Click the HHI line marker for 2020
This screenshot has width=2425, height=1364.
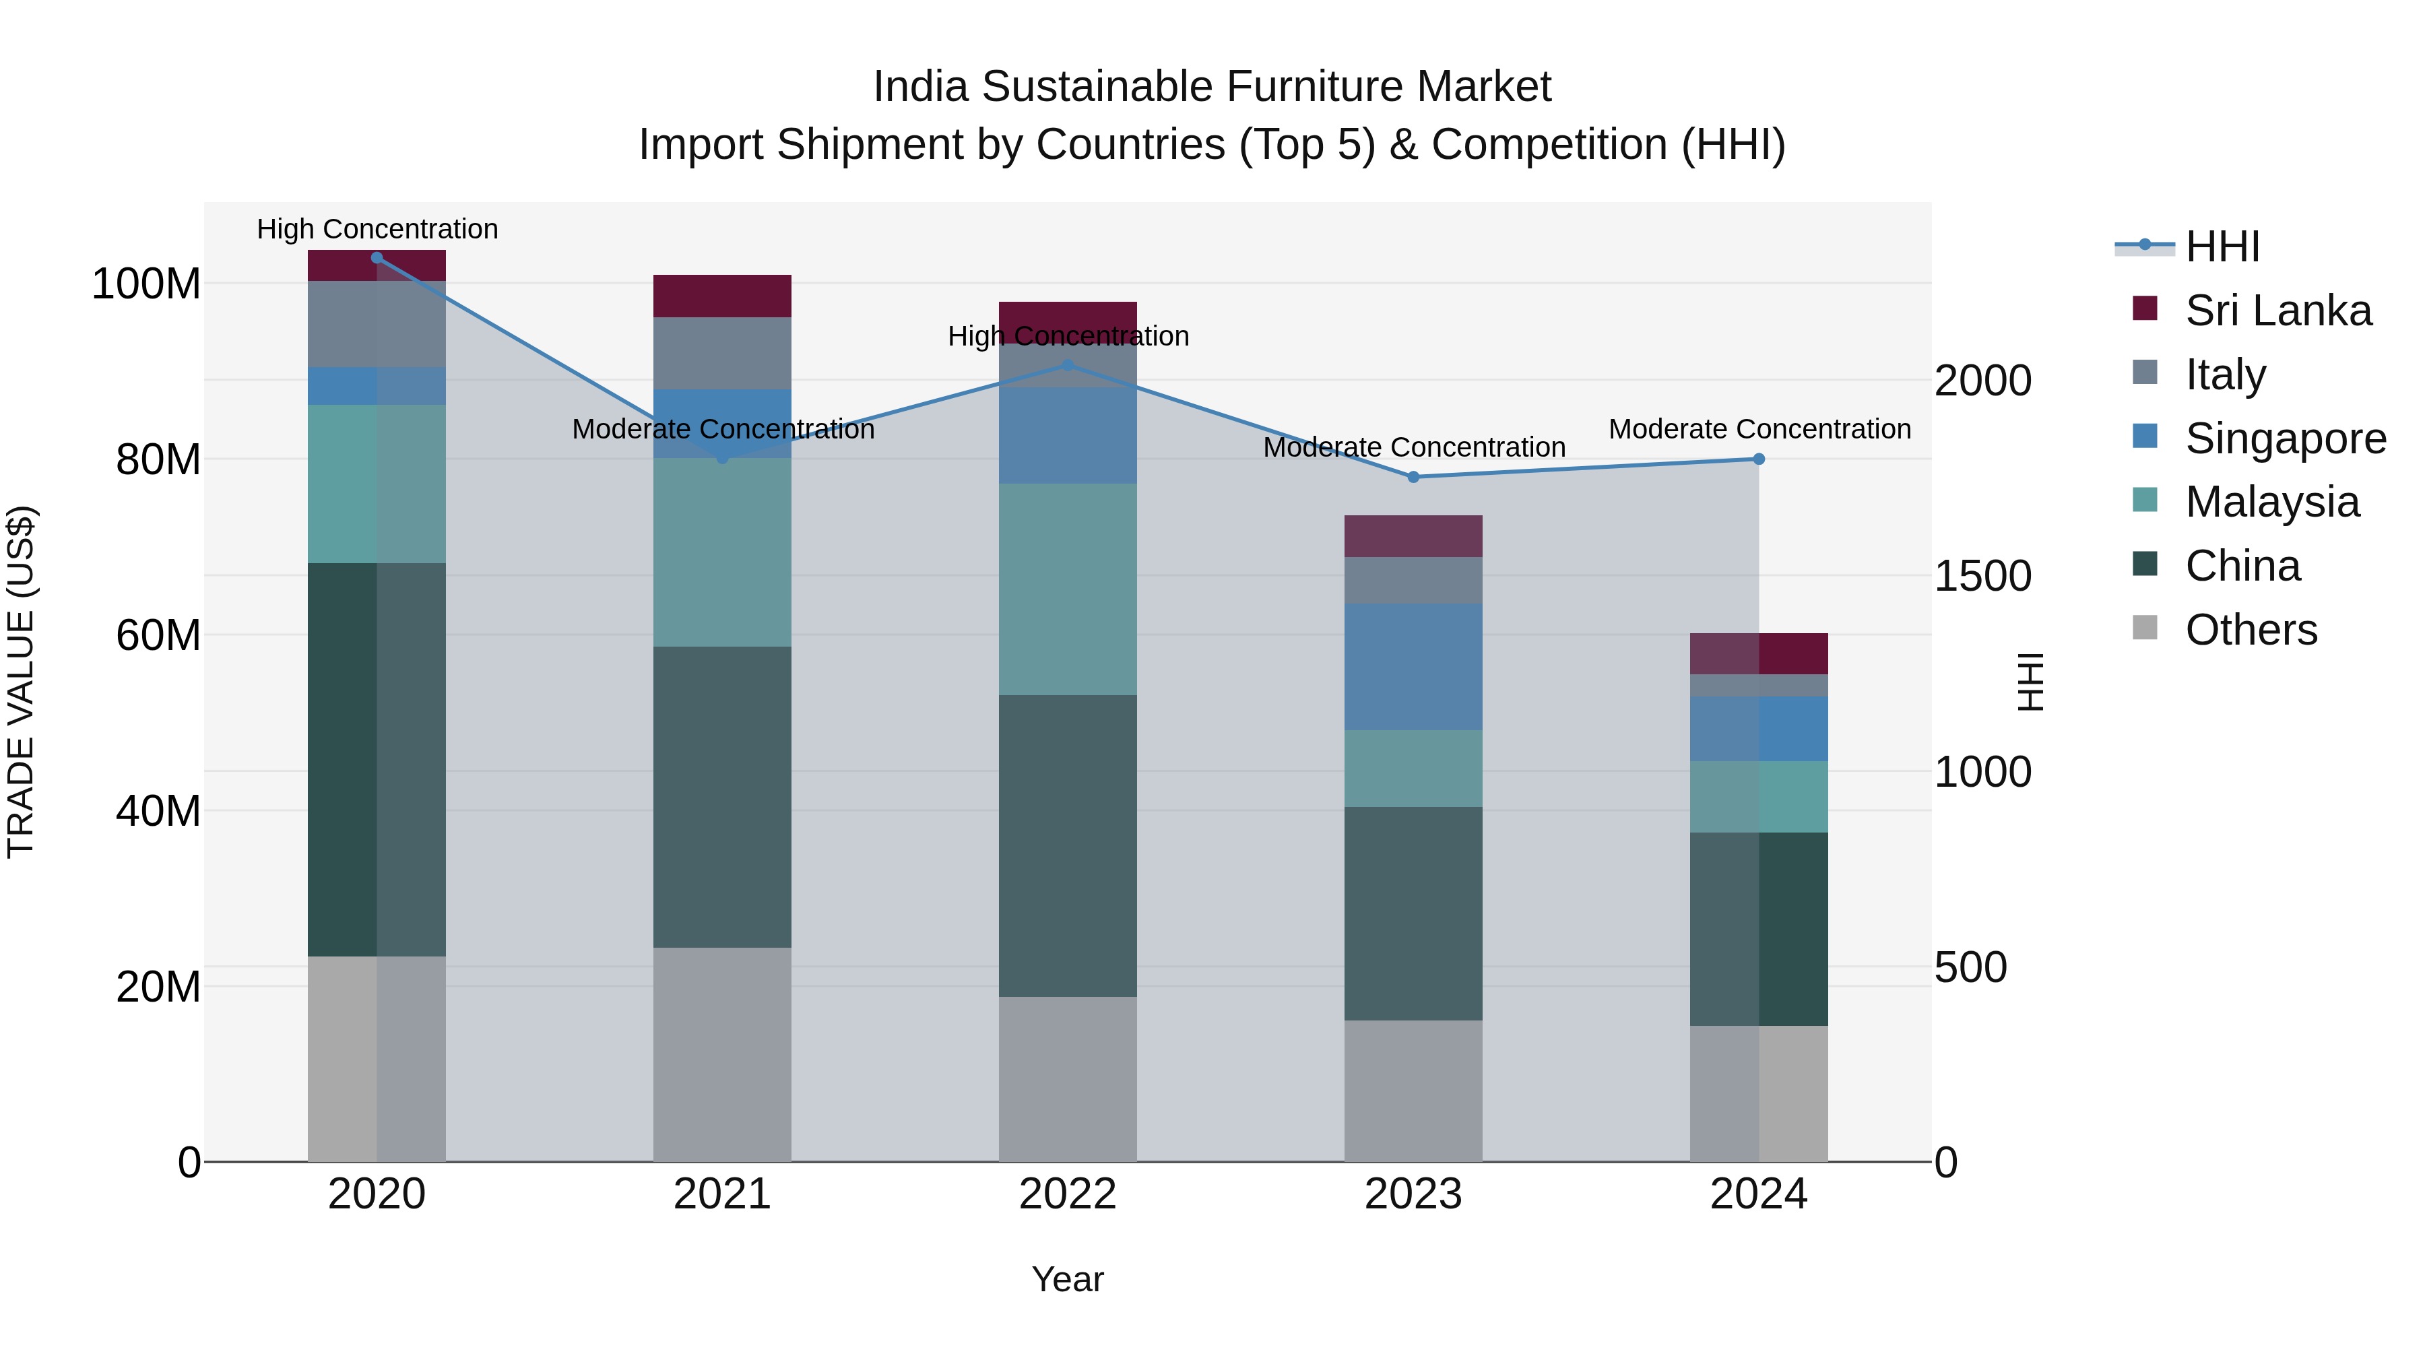pyautogui.click(x=377, y=257)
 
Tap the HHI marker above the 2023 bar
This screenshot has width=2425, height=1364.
pyautogui.click(x=1413, y=478)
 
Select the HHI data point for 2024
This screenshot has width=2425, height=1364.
pyautogui.click(x=1759, y=459)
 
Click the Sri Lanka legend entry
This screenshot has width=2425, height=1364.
pyautogui.click(x=2277, y=311)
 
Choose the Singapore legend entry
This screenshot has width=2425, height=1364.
pyautogui.click(x=2285, y=439)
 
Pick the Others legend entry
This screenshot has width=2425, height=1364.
pyautogui.click(x=2250, y=630)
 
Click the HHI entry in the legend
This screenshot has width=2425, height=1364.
pyautogui.click(x=2222, y=247)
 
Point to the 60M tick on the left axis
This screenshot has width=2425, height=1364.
pyautogui.click(x=158, y=635)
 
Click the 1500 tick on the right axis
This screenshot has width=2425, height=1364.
pyautogui.click(x=1982, y=576)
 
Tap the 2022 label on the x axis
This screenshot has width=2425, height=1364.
pyautogui.click(x=1068, y=1194)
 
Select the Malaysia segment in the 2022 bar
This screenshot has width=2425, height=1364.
pyautogui.click(x=1068, y=589)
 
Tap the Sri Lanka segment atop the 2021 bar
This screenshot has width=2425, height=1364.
pyautogui.click(x=722, y=296)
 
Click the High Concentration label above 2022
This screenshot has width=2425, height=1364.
pyautogui.click(x=1068, y=336)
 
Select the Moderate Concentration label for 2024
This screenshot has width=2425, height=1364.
pyautogui.click(x=1759, y=429)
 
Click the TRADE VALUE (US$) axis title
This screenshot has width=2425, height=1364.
pyautogui.click(x=21, y=682)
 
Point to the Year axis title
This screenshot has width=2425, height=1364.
pyautogui.click(x=1068, y=1279)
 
